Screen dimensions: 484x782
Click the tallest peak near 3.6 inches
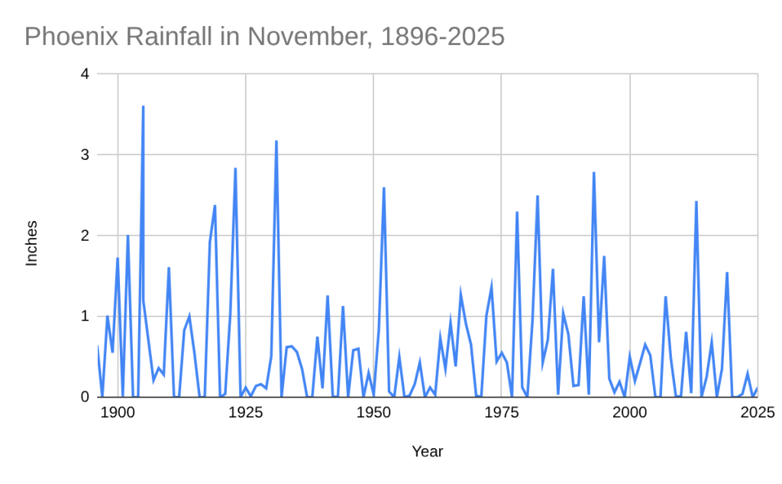143,107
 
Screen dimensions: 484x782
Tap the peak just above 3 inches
276,141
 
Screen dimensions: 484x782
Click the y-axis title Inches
31,243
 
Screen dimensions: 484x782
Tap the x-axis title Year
428,451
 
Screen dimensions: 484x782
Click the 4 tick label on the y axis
85,74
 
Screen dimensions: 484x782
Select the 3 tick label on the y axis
85,155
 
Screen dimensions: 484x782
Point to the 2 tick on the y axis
85,236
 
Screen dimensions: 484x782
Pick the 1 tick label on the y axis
85,317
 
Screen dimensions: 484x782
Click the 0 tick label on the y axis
85,397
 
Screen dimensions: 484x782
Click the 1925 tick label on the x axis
245,414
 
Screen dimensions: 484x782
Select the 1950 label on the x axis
373,414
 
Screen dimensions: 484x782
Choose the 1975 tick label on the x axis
502,414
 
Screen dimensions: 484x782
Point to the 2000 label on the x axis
630,414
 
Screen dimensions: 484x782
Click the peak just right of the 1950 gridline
383,188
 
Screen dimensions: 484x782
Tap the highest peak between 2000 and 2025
696,202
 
